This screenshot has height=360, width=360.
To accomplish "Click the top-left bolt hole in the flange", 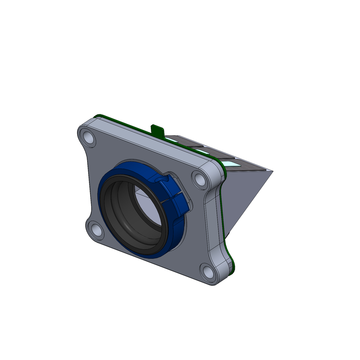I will pos(88,138).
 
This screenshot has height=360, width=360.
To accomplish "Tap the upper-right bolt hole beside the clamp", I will pos(200,179).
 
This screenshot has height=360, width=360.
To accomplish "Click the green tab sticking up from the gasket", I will pos(157,130).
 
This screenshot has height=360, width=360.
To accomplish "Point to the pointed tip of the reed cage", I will pos(272,171).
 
